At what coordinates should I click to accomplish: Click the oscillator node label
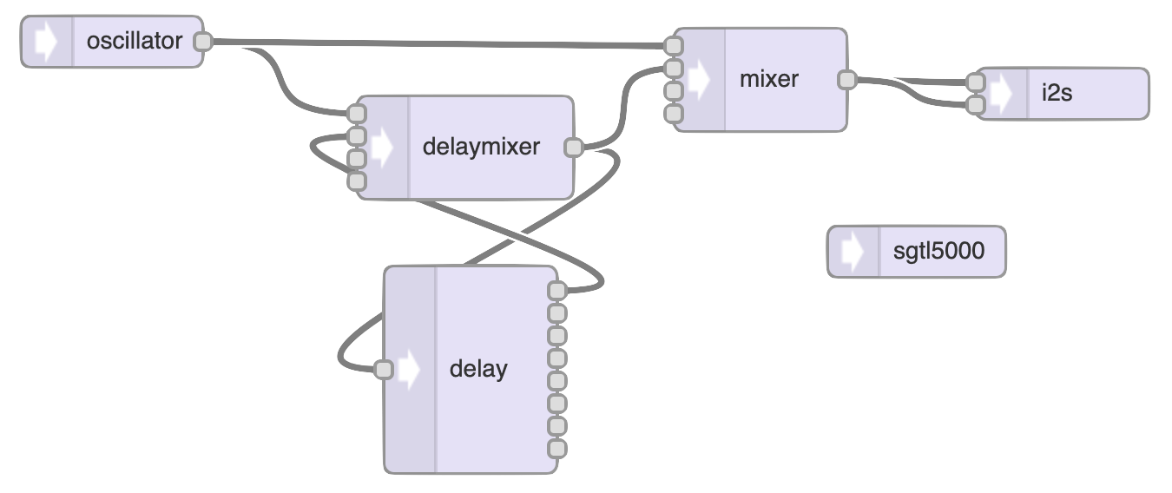tap(135, 41)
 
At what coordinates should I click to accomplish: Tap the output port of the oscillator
tap(202, 41)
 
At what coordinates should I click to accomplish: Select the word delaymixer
tap(481, 147)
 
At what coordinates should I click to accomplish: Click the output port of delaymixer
tap(573, 148)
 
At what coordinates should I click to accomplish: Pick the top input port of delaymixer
tap(356, 114)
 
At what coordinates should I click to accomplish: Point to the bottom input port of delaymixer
tap(356, 181)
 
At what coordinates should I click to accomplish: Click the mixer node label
tap(769, 79)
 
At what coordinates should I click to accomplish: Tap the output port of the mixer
tap(846, 80)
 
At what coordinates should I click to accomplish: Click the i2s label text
tap(1057, 94)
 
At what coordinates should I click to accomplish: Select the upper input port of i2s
tap(976, 82)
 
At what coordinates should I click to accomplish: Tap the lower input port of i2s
tap(976, 105)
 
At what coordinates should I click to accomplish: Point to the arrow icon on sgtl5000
tap(853, 252)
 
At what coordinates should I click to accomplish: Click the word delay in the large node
tap(478, 369)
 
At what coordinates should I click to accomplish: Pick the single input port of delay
tap(383, 370)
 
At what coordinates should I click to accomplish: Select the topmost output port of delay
tap(557, 291)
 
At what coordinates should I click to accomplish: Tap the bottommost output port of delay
tap(557, 449)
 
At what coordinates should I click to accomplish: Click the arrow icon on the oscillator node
tap(46, 41)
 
